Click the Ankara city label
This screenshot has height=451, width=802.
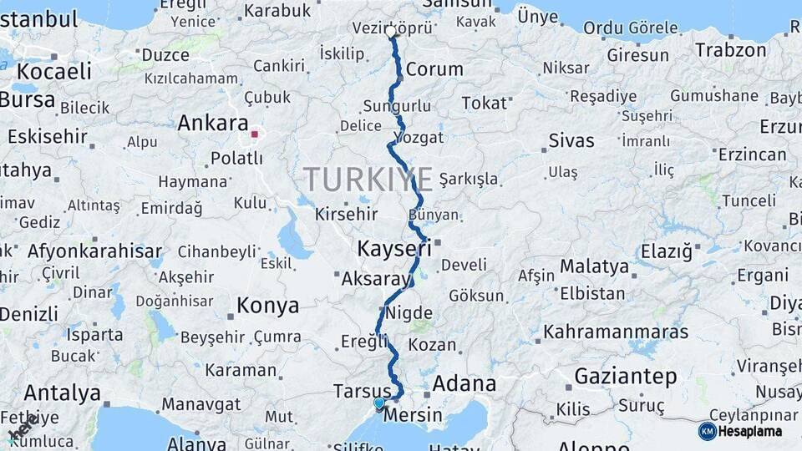213,124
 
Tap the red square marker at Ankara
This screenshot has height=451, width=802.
255,134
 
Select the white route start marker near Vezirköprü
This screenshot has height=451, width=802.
391,32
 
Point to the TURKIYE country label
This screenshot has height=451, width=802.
368,180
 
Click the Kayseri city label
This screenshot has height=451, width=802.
394,248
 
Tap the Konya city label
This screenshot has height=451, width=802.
267,306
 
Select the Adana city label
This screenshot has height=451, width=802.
465,385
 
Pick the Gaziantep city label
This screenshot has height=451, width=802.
626,377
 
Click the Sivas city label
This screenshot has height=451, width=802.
571,140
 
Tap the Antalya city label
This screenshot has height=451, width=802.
63,393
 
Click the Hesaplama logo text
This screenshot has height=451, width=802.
751,432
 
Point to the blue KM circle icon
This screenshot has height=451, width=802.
708,431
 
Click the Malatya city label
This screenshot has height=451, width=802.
594,267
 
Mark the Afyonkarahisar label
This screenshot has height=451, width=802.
94,251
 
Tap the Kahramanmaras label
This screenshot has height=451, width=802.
617,332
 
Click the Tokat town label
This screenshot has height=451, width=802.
485,104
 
